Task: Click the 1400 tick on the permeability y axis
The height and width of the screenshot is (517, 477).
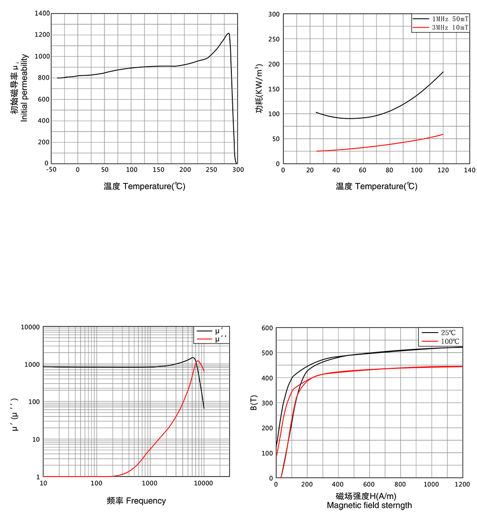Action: (42, 13)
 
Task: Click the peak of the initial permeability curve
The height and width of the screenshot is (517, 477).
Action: (228, 33)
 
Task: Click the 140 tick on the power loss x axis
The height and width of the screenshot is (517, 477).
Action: (469, 170)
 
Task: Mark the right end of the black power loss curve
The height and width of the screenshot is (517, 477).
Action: (443, 72)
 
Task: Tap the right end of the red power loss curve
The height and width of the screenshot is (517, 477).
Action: (443, 134)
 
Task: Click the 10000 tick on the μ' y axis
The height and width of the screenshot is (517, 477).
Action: (30, 327)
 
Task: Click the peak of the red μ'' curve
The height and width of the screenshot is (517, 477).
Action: (198, 361)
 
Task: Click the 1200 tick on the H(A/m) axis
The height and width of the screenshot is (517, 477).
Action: (462, 485)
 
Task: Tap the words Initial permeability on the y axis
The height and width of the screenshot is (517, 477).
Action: (24, 88)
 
